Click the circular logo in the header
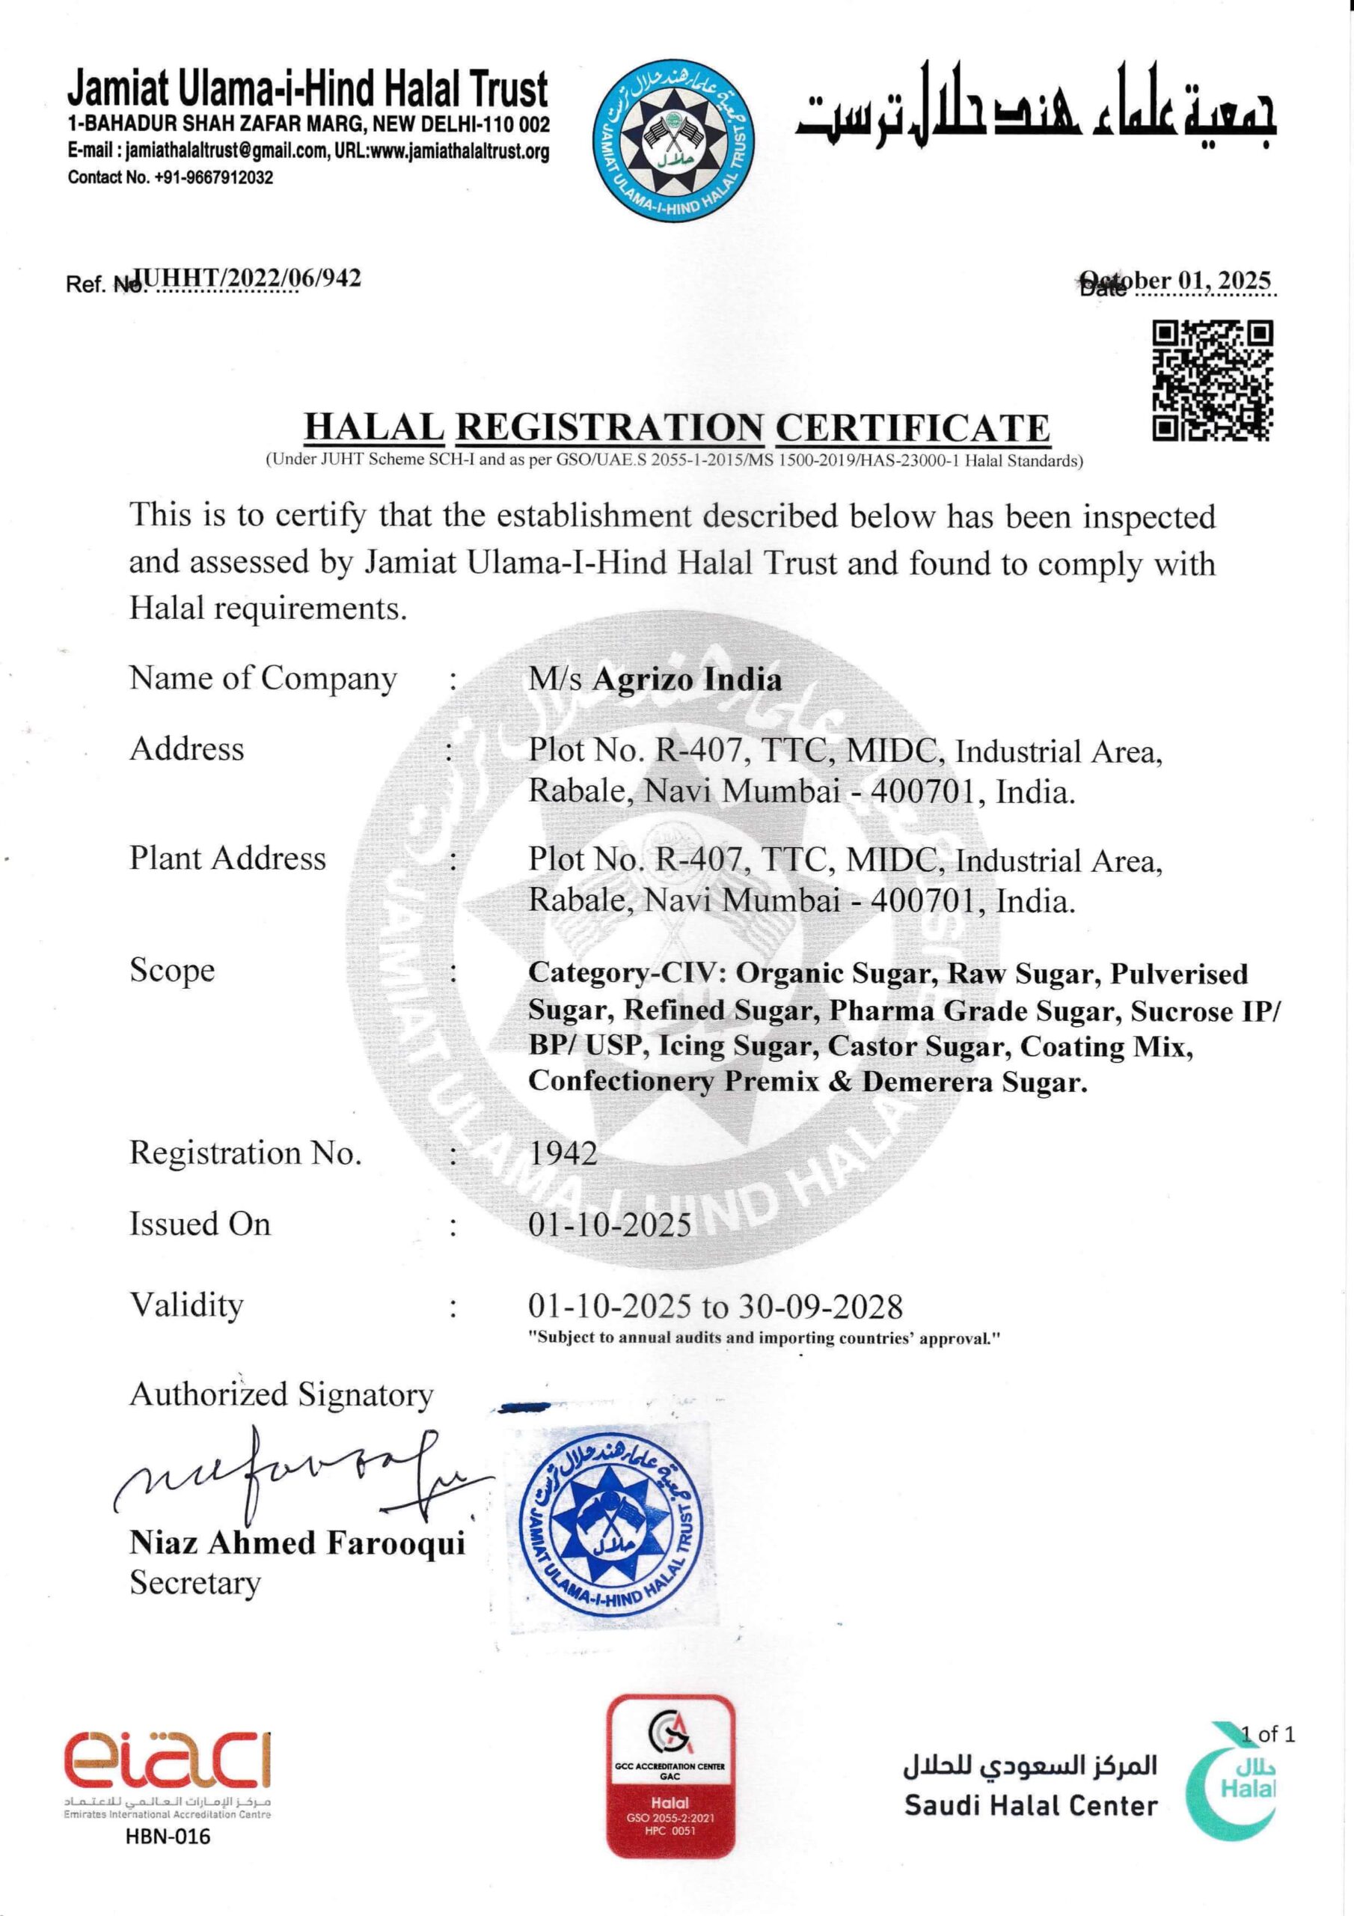[673, 142]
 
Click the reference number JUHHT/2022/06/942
[248, 278]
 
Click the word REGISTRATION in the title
[609, 427]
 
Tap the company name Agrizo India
[687, 680]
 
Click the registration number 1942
[563, 1153]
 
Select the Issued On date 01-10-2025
[610, 1224]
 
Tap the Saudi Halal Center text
[1031, 1807]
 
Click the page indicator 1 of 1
[1267, 1734]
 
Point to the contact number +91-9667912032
[213, 177]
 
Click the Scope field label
[172, 971]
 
